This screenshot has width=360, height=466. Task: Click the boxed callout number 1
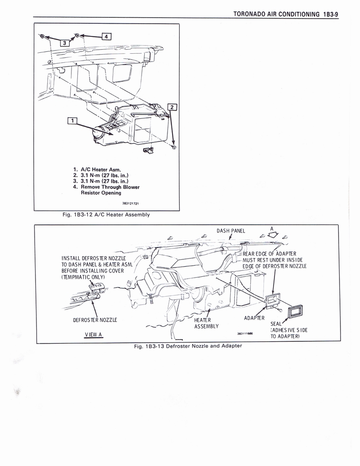click(x=72, y=121)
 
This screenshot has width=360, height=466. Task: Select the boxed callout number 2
click(x=172, y=106)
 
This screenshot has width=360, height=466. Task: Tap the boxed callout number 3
click(x=65, y=42)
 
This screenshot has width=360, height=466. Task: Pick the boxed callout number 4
click(x=106, y=36)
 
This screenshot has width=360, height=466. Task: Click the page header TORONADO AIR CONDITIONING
click(x=276, y=14)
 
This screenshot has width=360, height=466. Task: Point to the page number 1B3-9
click(x=330, y=14)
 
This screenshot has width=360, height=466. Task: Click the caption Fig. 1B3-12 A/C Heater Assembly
click(x=106, y=215)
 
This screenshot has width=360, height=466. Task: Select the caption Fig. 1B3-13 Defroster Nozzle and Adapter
click(x=188, y=346)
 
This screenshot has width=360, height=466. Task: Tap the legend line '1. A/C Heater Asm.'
click(x=97, y=170)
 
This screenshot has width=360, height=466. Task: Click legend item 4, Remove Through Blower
click(x=106, y=187)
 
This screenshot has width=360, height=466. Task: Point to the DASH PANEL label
click(x=231, y=231)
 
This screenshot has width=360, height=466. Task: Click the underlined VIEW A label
click(x=93, y=334)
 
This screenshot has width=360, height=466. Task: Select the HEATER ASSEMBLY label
click(x=206, y=324)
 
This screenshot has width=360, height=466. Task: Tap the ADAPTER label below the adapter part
click(x=254, y=318)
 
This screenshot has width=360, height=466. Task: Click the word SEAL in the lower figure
click(x=276, y=324)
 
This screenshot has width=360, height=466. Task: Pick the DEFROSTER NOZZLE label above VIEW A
click(x=95, y=320)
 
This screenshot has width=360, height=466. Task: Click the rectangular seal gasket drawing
click(x=295, y=312)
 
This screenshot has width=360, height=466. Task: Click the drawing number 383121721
click(x=131, y=203)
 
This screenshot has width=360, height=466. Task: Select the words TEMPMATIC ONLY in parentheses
click(x=83, y=277)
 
